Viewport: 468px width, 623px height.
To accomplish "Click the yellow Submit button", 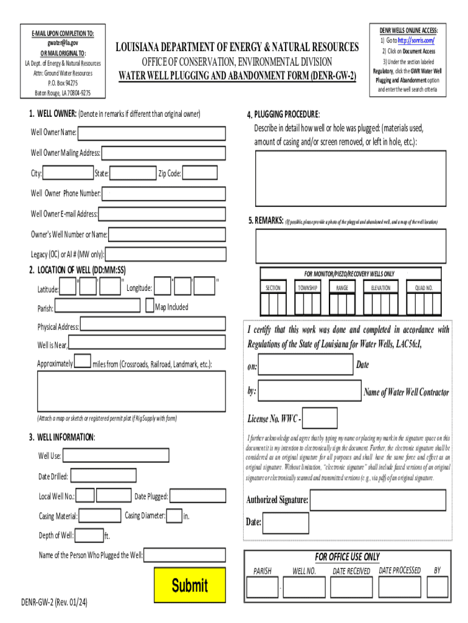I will (190, 585).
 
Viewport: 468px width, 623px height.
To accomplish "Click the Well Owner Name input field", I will (151, 133).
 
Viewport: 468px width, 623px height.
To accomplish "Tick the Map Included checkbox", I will (150, 307).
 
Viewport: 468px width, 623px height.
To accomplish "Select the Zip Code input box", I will (200, 173).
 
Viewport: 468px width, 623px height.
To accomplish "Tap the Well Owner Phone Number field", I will (163, 194).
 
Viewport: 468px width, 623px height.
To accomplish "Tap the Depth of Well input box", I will (89, 535).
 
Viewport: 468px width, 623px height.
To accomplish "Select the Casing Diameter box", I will (174, 516).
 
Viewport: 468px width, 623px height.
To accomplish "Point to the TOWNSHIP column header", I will (308, 287).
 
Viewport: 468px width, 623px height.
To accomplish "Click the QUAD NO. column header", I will (424, 287).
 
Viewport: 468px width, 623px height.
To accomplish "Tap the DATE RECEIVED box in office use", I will (351, 586).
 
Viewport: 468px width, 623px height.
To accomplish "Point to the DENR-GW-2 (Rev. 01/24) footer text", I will (55, 602).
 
